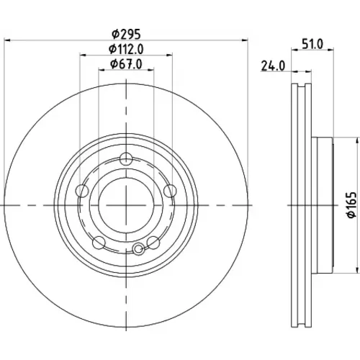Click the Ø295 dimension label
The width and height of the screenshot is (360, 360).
(x=126, y=35)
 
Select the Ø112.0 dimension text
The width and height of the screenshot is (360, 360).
(x=126, y=49)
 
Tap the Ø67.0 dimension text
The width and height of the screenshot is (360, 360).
(x=126, y=64)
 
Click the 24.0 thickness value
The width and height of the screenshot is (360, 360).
(x=273, y=66)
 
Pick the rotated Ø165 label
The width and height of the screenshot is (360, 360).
(x=352, y=204)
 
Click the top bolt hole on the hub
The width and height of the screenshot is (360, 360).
(x=126, y=159)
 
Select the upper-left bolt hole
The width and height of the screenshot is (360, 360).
(x=82, y=191)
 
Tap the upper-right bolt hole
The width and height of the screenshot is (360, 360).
(x=170, y=191)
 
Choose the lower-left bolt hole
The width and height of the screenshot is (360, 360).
(x=99, y=243)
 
